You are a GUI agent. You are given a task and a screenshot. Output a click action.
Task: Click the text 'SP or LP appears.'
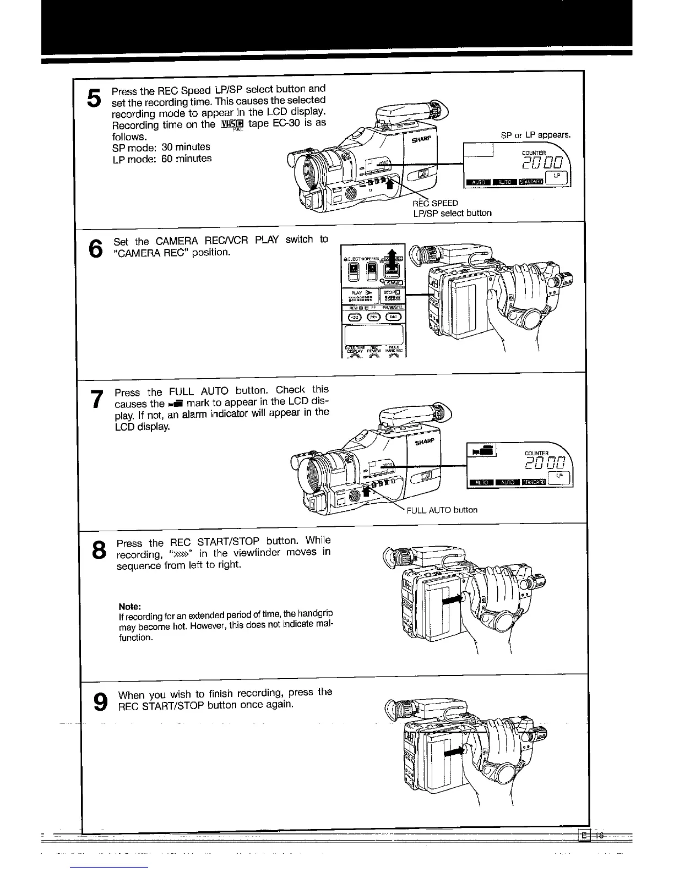pyautogui.click(x=536, y=135)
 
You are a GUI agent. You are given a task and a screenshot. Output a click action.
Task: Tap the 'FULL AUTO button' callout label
pyautogui.click(x=442, y=510)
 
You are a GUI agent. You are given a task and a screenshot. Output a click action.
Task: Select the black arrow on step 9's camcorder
pyautogui.click(x=454, y=750)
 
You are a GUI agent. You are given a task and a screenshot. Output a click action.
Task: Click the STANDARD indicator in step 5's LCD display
pyautogui.click(x=531, y=182)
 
